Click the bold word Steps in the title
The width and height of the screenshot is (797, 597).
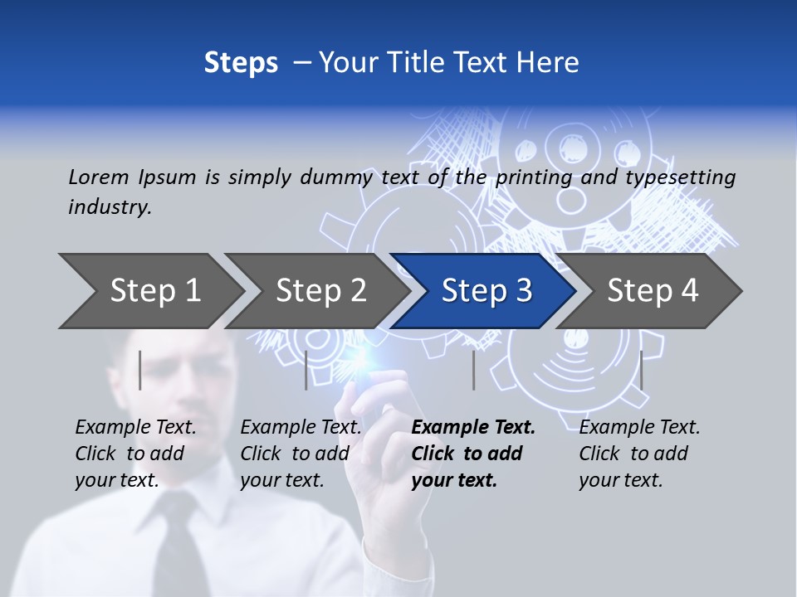(241, 63)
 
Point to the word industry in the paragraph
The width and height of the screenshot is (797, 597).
(110, 207)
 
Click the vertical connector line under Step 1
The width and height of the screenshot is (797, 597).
(140, 370)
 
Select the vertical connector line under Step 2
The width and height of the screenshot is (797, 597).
(306, 370)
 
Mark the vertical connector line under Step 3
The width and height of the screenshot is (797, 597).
(474, 370)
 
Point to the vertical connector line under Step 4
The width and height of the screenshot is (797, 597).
(642, 370)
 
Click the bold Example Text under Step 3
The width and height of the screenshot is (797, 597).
(473, 428)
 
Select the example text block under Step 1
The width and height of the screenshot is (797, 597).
(135, 454)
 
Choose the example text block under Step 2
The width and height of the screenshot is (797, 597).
(301, 454)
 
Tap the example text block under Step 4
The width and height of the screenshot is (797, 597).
(639, 454)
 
